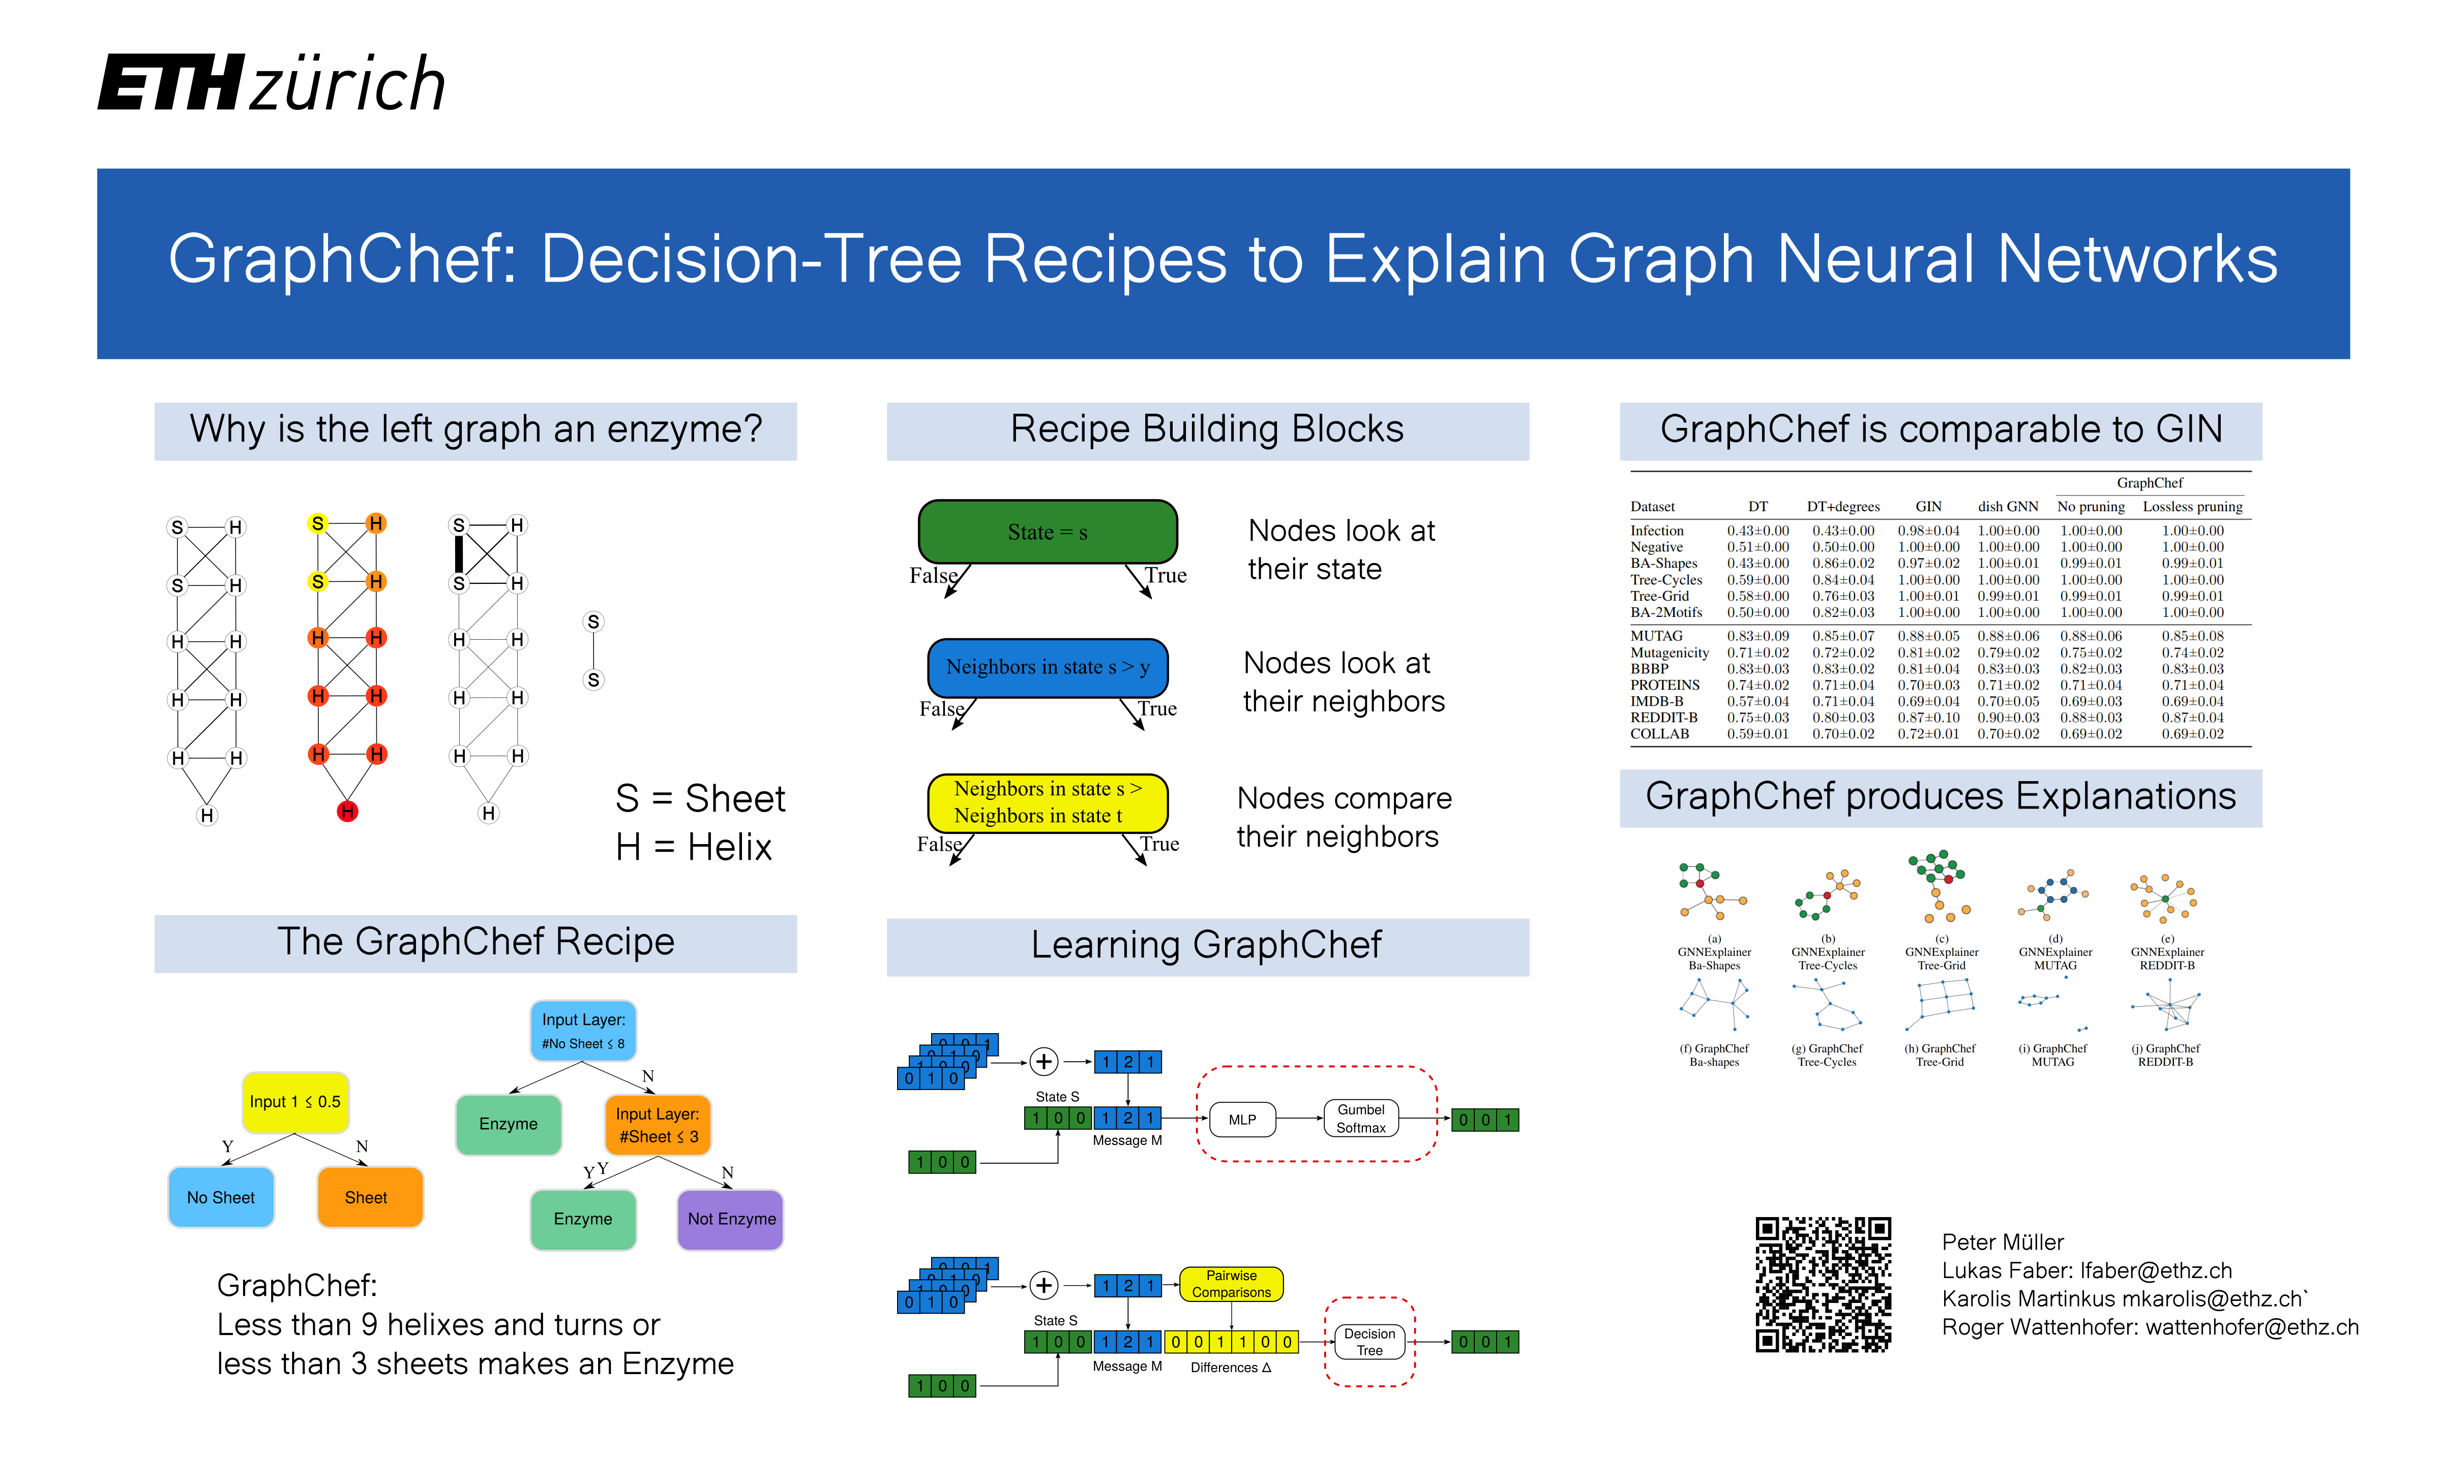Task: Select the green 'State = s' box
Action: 1047,532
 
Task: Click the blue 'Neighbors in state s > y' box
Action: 1047,667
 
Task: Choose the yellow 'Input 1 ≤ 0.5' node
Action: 294,1102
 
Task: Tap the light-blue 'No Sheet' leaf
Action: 221,1197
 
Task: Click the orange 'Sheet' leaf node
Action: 369,1197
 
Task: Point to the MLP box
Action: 1242,1120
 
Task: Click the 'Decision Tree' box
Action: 1369,1342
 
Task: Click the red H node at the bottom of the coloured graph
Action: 347,812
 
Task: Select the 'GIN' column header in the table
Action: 1928,507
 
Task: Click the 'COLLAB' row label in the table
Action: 1659,734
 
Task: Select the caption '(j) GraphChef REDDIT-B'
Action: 2165,1055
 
